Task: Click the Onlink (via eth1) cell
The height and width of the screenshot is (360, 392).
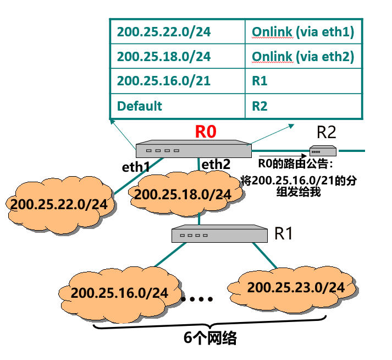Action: click(303, 31)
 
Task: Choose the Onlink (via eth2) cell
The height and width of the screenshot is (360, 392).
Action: click(303, 56)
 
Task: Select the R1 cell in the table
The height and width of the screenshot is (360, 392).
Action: click(303, 81)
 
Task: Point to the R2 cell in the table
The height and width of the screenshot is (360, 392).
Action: click(303, 106)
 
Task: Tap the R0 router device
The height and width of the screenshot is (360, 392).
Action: click(194, 150)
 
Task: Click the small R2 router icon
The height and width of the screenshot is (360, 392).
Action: click(323, 150)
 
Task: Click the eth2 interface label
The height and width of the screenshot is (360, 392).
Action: click(216, 164)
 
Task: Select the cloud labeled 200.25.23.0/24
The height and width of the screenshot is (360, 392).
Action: click(295, 287)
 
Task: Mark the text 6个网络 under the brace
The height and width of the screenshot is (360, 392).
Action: click(210, 338)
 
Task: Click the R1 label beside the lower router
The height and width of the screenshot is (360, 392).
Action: click(283, 233)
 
